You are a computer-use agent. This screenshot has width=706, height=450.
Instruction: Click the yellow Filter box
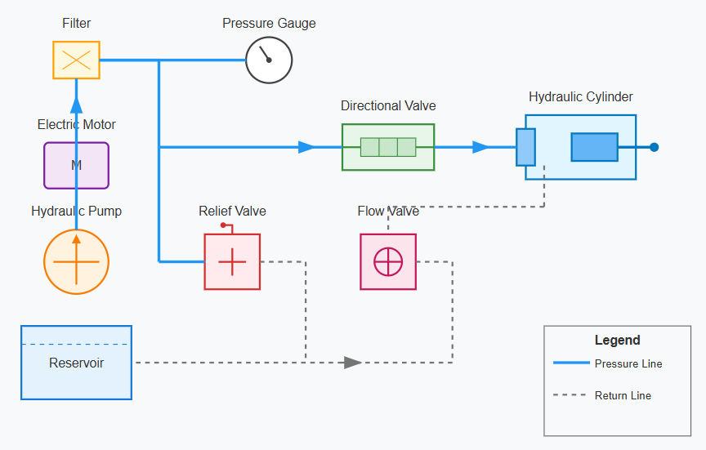click(76, 60)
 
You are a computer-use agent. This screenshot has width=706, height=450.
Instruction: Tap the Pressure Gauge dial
click(269, 60)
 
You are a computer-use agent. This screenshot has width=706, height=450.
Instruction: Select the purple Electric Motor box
click(76, 166)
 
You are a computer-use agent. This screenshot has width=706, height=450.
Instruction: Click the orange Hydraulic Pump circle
click(76, 261)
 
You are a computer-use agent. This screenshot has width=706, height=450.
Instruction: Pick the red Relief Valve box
click(232, 261)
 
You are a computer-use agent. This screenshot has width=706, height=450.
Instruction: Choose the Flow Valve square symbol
click(388, 261)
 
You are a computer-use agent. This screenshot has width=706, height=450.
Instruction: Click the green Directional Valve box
click(388, 147)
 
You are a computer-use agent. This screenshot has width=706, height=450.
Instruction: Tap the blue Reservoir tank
click(76, 363)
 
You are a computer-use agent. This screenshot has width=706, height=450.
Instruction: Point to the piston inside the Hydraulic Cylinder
click(594, 147)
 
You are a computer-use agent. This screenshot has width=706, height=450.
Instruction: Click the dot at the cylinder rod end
click(654, 147)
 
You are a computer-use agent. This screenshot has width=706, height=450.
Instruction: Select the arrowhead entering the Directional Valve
click(307, 147)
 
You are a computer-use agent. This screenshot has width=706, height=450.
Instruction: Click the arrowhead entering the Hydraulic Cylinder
click(481, 147)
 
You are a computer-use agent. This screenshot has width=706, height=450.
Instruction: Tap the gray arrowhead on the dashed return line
click(353, 363)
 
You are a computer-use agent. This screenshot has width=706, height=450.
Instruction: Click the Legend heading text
click(617, 341)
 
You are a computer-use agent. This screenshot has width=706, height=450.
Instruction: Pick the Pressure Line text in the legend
click(628, 364)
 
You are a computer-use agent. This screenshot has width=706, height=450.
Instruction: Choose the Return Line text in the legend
click(623, 395)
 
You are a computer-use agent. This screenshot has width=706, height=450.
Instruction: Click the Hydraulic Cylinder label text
click(580, 97)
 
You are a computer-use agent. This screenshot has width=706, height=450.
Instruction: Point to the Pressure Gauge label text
click(269, 24)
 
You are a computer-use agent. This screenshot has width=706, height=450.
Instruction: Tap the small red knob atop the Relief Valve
click(223, 225)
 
